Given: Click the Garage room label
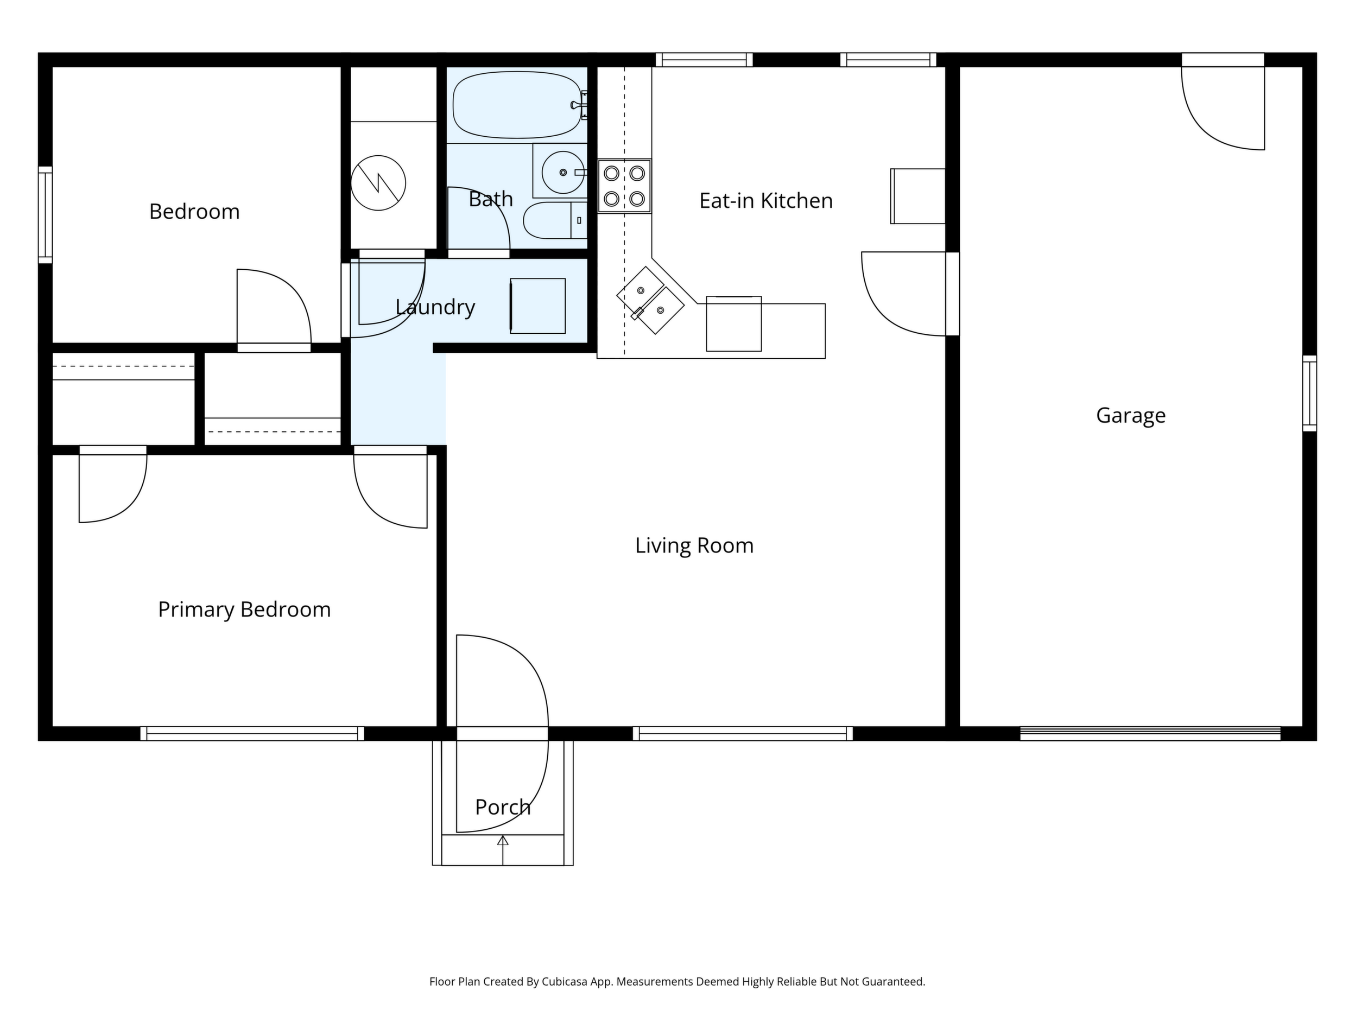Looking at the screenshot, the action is pyautogui.click(x=1130, y=416).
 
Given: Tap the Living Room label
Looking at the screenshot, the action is pyautogui.click(x=694, y=545).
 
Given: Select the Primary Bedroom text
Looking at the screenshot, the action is pyautogui.click(x=244, y=609).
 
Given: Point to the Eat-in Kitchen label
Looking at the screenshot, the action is pyautogui.click(x=765, y=200).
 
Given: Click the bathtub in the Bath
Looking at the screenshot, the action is pyautogui.click(x=517, y=105).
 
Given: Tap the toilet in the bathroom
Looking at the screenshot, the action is pyautogui.click(x=555, y=220).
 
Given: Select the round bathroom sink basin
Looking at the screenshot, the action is pyautogui.click(x=563, y=173).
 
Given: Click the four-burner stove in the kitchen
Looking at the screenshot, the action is pyautogui.click(x=624, y=186).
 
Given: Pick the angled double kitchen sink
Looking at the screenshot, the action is pyautogui.click(x=650, y=300).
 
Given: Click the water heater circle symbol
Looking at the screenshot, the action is pyautogui.click(x=378, y=182).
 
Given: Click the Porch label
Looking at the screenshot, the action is pyautogui.click(x=503, y=807).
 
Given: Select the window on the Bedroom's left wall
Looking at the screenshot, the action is pyautogui.click(x=46, y=215).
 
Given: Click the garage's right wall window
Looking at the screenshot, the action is pyautogui.click(x=1309, y=393).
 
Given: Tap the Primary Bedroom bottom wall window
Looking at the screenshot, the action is pyautogui.click(x=252, y=734).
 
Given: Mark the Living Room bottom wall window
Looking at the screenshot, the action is pyautogui.click(x=743, y=734).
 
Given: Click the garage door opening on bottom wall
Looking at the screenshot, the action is pyautogui.click(x=1150, y=734).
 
